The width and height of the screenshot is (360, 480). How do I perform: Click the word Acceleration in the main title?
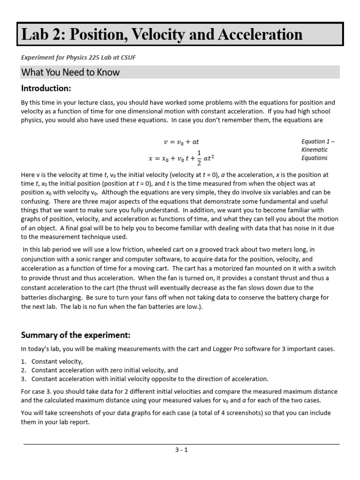click(247, 35)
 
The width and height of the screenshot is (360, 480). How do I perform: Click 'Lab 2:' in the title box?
click(41, 35)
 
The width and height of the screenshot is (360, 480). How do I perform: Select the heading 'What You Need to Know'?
click(70, 72)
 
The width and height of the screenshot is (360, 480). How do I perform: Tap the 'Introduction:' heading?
click(46, 89)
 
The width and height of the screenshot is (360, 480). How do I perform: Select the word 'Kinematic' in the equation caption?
click(315, 150)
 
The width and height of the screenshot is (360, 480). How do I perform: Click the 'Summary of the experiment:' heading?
click(75, 335)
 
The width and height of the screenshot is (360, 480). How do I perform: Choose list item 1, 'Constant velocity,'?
click(57, 361)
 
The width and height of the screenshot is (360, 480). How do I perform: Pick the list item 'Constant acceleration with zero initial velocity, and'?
click(105, 370)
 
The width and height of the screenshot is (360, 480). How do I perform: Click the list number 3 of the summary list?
click(24, 379)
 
